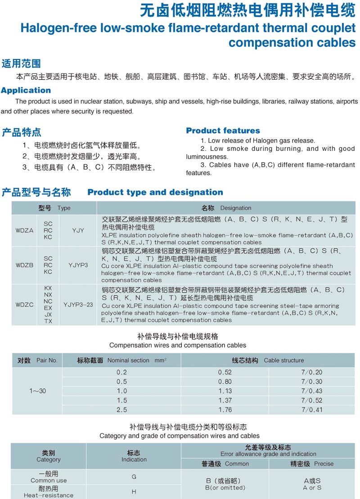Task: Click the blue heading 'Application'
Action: (x=26, y=90)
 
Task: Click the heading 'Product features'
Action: (x=223, y=131)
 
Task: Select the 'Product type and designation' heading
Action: (x=155, y=192)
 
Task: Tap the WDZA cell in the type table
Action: (x=25, y=230)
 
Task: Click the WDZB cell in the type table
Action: (x=25, y=265)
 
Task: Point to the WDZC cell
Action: (x=25, y=304)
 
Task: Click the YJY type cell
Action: (x=78, y=230)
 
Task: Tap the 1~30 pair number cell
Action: (x=38, y=391)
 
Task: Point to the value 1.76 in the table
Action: (x=225, y=410)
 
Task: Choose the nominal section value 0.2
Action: (x=121, y=372)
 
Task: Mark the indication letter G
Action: (x=134, y=476)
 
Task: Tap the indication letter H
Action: (x=134, y=492)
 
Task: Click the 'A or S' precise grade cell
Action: (x=312, y=484)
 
